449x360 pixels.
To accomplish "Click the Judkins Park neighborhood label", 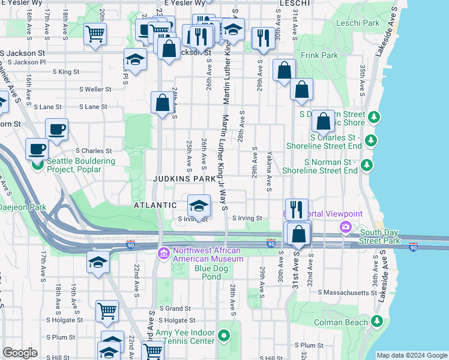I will pos(184,179).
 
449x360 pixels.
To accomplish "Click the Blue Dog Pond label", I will pos(211,268).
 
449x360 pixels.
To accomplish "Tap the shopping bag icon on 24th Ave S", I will pos(162,103).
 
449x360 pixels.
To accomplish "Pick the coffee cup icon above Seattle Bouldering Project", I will pos(56,130).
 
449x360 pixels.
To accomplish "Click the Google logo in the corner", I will pos(20,353).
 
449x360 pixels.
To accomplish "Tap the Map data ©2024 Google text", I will pos(411,355).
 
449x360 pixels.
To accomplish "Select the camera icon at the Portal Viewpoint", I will pos(345,226).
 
